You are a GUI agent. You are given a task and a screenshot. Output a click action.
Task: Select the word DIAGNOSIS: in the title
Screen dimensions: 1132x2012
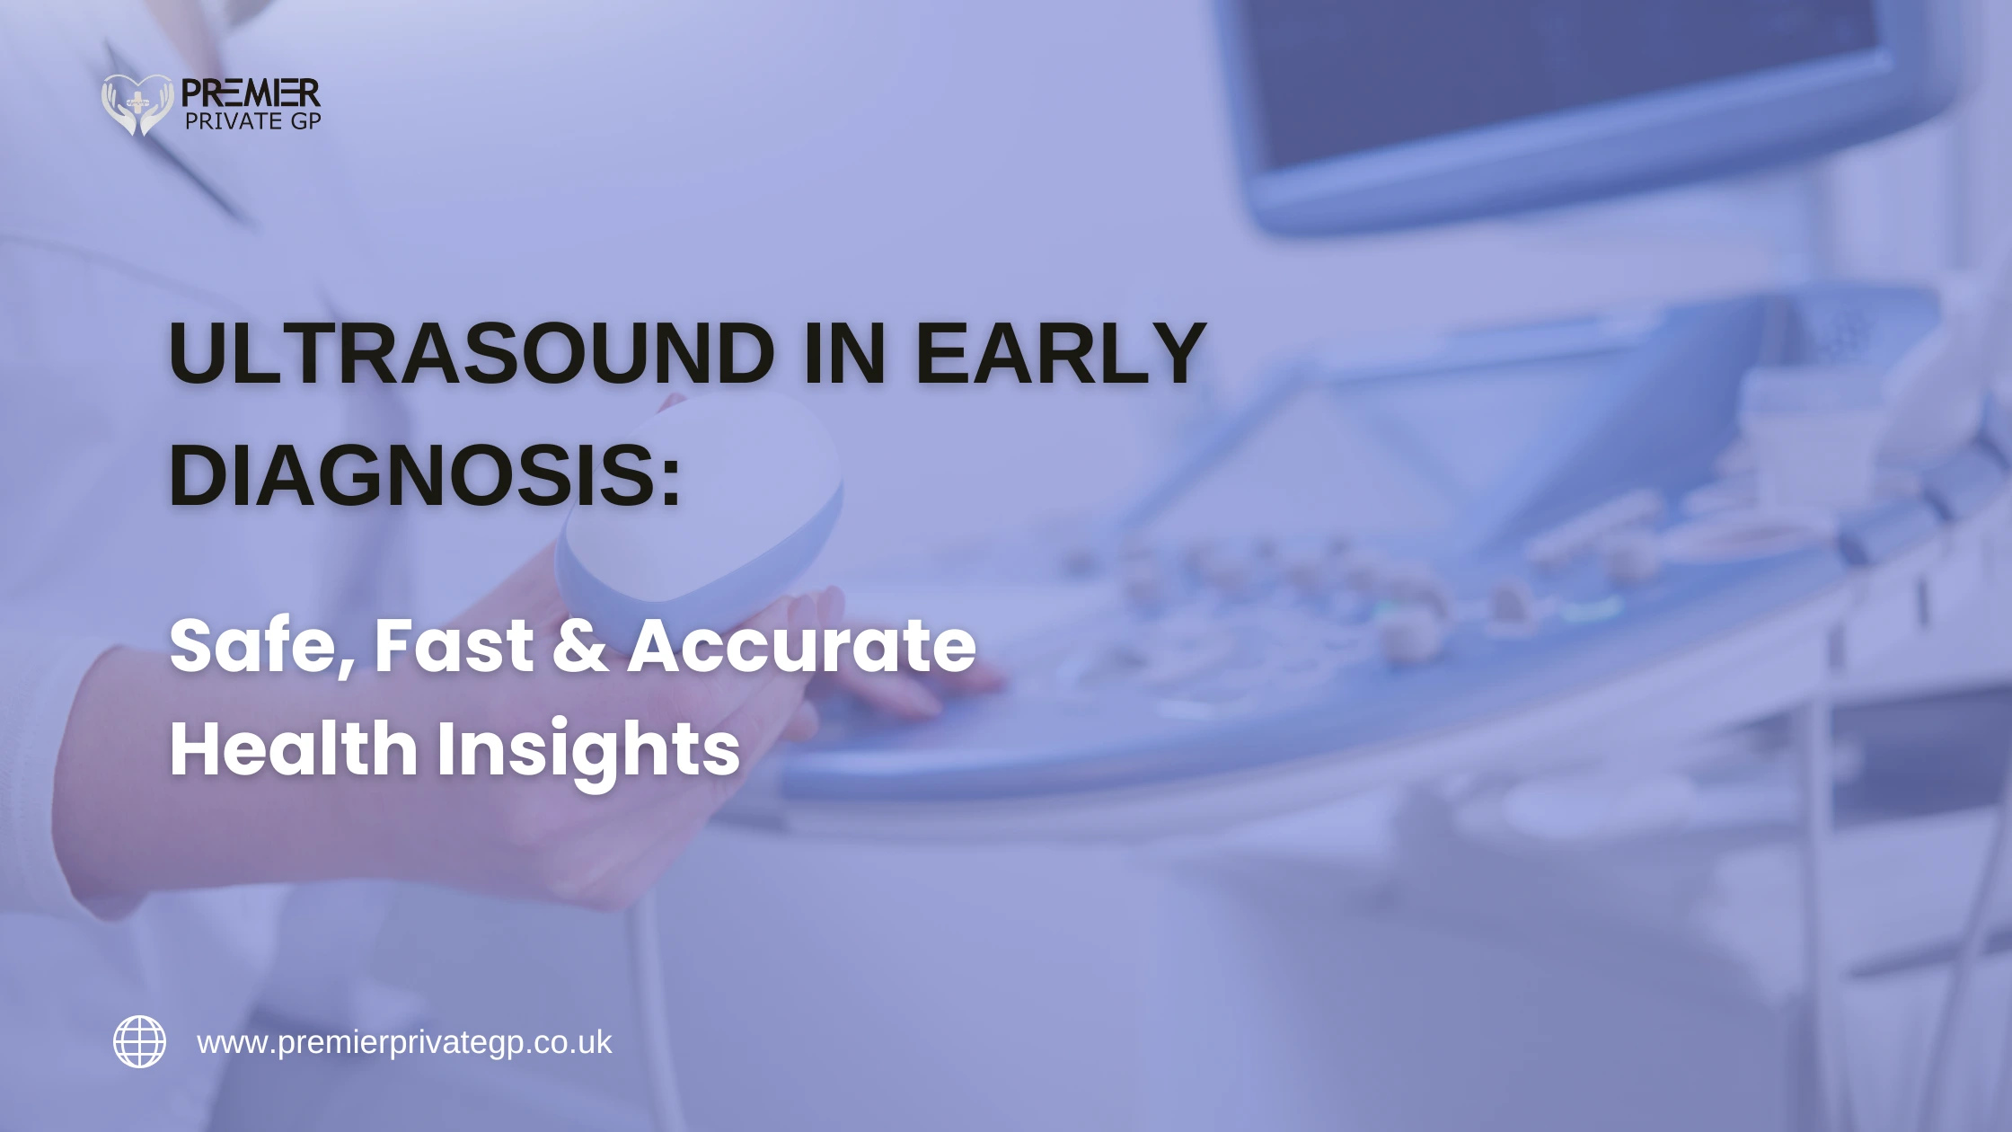(x=425, y=476)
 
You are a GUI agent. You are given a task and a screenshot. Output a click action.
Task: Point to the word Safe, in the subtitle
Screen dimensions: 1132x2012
(x=261, y=646)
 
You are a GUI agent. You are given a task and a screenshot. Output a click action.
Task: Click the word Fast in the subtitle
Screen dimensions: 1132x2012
(x=454, y=646)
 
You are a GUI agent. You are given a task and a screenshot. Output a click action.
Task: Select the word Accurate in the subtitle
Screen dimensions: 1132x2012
(x=801, y=646)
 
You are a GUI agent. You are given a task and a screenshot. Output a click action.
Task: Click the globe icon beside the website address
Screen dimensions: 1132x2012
(x=139, y=1042)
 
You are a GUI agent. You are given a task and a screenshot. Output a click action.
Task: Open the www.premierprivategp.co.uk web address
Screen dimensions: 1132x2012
(x=404, y=1043)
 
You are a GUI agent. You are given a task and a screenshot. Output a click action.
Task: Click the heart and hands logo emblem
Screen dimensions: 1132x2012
(x=137, y=104)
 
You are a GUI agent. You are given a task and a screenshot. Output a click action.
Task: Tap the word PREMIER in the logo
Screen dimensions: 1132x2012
(x=251, y=93)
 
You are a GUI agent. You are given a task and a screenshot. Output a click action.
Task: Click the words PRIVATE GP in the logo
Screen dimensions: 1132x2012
(x=252, y=121)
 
